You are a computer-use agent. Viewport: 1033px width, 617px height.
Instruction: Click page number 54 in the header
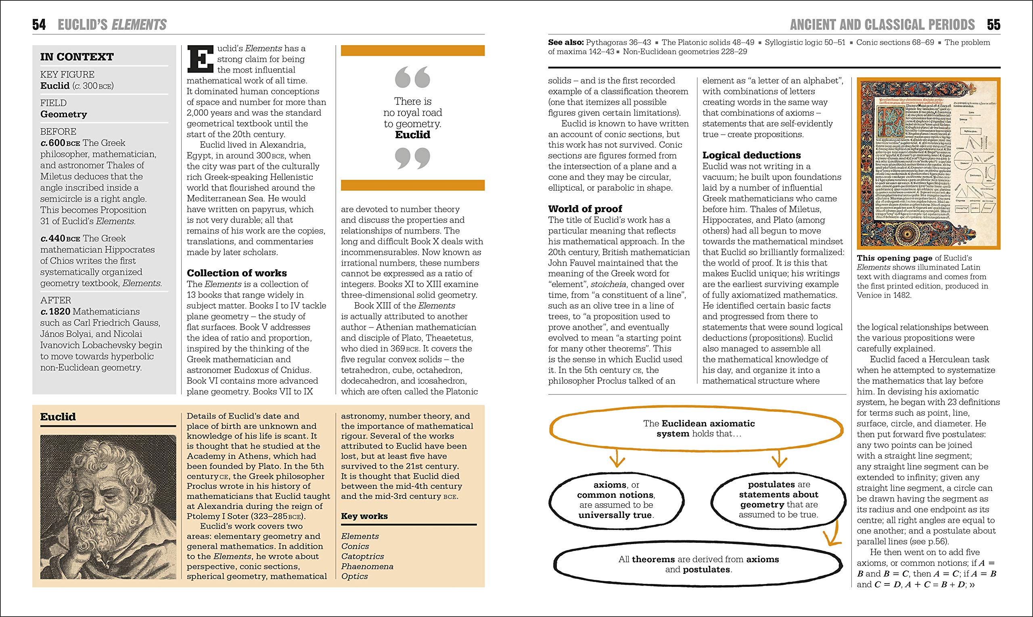(39, 25)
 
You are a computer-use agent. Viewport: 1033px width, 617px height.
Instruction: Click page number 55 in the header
(993, 25)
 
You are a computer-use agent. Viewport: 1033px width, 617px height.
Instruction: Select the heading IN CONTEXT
(77, 56)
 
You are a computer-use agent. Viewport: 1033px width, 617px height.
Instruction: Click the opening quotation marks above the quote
(412, 77)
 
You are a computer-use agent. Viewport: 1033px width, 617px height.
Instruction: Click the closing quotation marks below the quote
(412, 159)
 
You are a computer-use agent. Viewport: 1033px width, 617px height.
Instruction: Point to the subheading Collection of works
(236, 273)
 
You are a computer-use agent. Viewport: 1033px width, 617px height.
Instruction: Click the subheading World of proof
(585, 209)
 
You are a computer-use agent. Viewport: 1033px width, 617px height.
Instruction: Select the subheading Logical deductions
(751, 155)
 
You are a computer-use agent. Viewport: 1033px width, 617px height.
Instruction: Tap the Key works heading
(364, 516)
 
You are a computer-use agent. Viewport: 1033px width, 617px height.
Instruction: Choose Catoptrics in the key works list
(362, 556)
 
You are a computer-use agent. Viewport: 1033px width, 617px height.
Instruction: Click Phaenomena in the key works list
(367, 566)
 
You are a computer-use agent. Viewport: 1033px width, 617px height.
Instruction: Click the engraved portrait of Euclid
(108, 507)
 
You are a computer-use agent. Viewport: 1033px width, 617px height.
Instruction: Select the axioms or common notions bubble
(616, 500)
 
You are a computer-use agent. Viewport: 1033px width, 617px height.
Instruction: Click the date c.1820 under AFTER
(55, 312)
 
